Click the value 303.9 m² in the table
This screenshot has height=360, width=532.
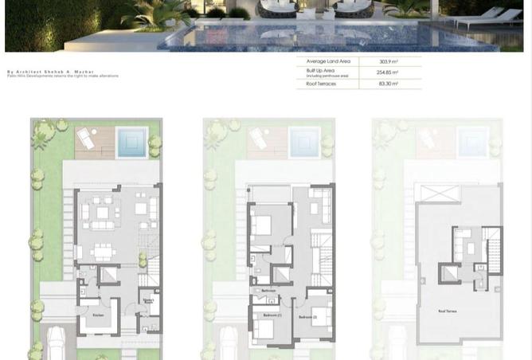389,61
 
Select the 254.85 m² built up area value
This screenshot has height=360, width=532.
389,72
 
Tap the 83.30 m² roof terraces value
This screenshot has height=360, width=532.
389,84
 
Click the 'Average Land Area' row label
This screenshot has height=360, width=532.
328,61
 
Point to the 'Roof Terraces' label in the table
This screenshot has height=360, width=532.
321,84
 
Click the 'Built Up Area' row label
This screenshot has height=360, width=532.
320,71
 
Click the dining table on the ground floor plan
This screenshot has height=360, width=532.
104,251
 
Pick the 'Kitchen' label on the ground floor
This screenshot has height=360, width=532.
98,315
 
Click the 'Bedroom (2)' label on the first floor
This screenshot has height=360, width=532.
308,317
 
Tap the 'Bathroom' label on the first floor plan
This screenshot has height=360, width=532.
268,291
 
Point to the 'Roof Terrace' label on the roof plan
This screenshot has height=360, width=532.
447,311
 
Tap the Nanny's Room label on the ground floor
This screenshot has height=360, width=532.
148,301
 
